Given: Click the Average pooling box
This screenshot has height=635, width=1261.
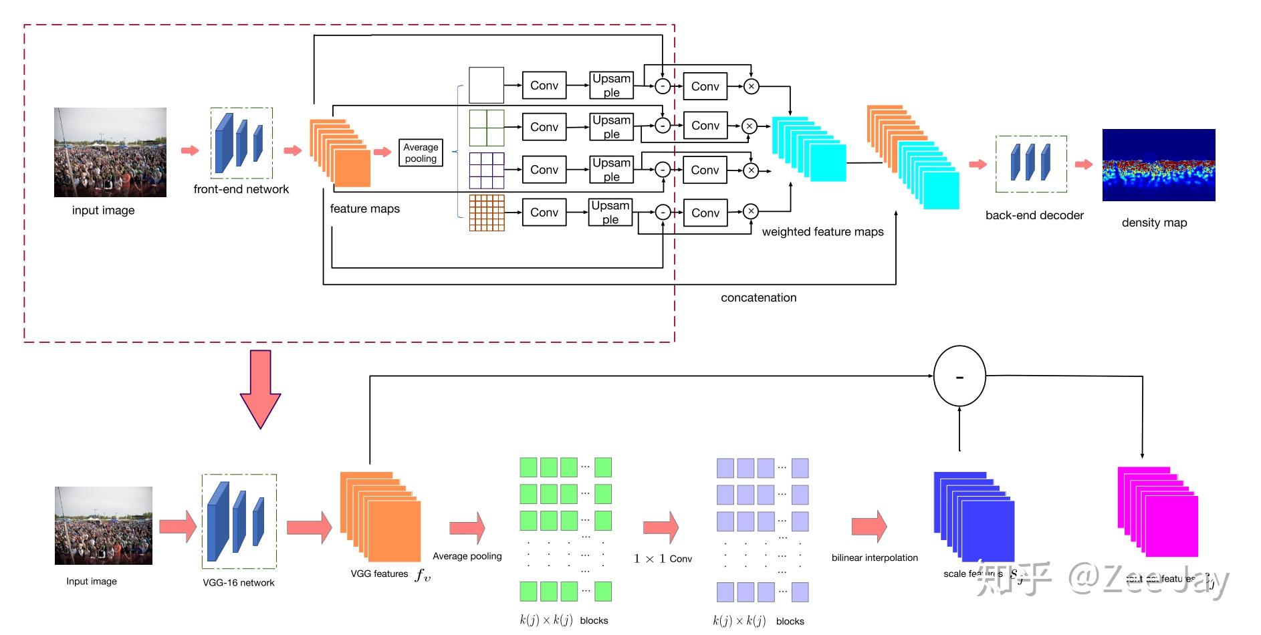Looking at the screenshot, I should coord(421,153).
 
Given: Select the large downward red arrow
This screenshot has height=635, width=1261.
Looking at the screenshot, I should coord(260,388).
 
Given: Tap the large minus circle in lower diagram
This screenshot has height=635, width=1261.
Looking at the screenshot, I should coord(959,376).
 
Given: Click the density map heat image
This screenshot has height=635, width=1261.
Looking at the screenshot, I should coord(1158,165).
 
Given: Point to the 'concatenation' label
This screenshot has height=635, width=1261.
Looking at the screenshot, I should coord(758,298).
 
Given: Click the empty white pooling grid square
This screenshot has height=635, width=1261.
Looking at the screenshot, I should coord(486,85).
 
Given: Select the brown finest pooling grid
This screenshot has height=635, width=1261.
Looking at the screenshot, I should coord(487,213).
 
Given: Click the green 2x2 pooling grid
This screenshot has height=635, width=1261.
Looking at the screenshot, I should coord(486,128).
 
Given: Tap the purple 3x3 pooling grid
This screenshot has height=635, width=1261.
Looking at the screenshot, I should coord(486,170).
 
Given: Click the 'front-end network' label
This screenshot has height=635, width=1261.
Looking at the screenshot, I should coord(241,190).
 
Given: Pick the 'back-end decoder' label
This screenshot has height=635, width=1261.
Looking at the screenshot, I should coord(1034,215).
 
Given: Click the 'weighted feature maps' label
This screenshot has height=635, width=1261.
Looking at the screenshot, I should coord(822,232).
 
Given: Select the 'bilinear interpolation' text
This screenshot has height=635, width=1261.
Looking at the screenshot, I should coord(874,558).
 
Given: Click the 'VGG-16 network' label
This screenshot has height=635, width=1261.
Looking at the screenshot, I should coord(239,583).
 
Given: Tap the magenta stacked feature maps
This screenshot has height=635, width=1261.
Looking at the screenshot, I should coord(1157,512).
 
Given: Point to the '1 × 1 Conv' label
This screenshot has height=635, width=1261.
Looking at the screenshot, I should coord(663,559).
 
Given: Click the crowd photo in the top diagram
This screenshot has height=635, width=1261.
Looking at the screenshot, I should coord(110,152).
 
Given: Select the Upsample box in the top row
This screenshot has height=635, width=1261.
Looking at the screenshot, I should coord(611,86).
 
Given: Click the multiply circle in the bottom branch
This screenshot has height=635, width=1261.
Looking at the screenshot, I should coord(751,212).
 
